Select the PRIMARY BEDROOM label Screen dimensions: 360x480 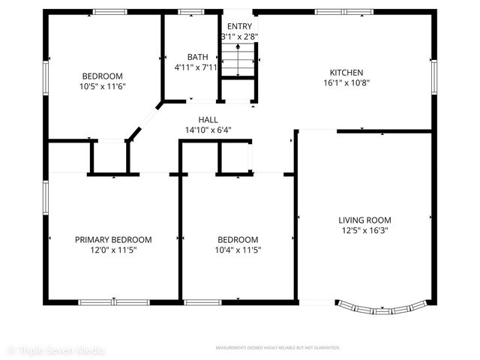click(113, 240)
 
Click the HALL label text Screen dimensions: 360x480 click(208, 119)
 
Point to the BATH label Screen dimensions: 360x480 click(196, 57)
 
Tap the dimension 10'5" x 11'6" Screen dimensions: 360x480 click(102, 86)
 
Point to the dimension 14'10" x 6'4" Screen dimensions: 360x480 click(208, 130)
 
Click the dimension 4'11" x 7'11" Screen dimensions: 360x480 click(196, 67)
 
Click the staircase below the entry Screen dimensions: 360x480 click(239, 60)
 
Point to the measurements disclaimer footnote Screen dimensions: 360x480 click(277, 349)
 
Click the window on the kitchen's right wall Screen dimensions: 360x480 click(433, 76)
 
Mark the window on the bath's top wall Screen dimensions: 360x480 click(192, 12)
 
